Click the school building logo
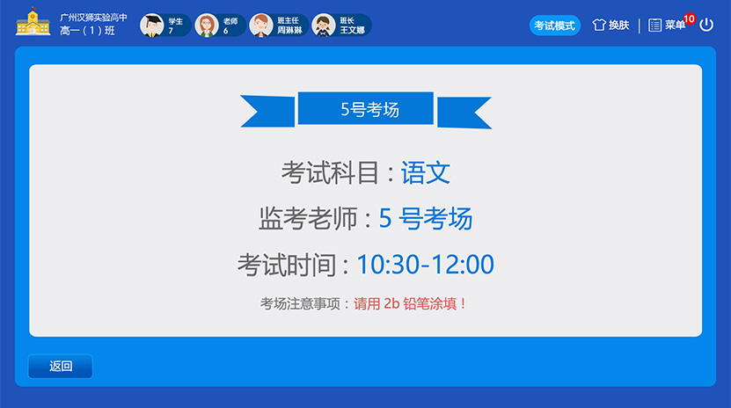[x=33, y=22]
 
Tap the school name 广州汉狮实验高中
[x=93, y=18]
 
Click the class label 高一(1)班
[x=87, y=31]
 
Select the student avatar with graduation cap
[x=151, y=25]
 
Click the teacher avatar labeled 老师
[x=207, y=25]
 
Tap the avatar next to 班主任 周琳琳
[x=261, y=25]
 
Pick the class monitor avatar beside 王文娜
[x=324, y=25]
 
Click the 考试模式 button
[x=555, y=25]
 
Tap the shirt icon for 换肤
[x=599, y=25]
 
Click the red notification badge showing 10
[x=690, y=19]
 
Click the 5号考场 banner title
[x=369, y=110]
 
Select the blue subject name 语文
[x=426, y=173]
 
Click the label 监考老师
[x=308, y=218]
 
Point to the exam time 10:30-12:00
[x=425, y=264]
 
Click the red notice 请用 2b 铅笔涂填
[x=410, y=303]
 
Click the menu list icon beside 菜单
[x=654, y=25]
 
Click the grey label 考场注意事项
[x=300, y=303]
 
